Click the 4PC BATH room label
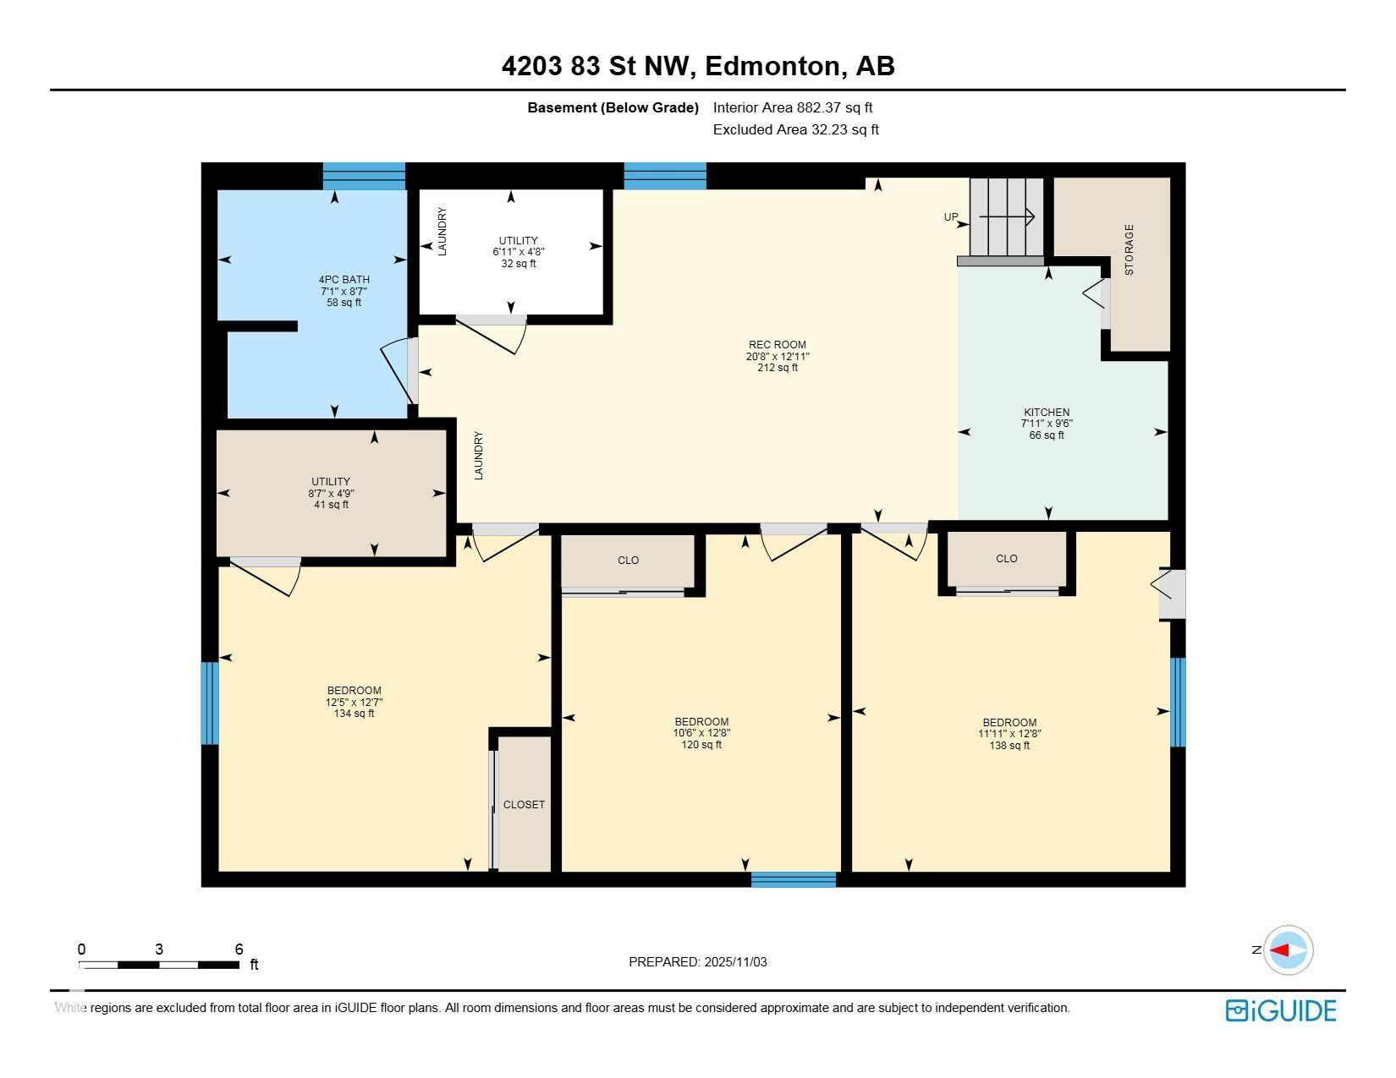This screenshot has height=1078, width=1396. point(344,280)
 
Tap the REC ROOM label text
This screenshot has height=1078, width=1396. point(777,345)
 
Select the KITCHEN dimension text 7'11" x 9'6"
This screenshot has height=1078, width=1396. point(1047,424)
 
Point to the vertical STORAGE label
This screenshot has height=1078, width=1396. point(1129,249)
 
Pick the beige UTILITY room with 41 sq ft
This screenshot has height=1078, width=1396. point(331,493)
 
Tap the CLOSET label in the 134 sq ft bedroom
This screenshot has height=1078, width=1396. point(524,804)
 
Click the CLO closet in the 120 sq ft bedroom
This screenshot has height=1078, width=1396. point(628,561)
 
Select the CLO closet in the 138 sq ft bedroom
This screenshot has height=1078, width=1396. point(1006,559)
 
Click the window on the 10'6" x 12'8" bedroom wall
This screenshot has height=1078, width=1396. point(793,879)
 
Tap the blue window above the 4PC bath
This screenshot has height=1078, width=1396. point(364,176)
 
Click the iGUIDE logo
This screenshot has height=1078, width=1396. point(1280,1010)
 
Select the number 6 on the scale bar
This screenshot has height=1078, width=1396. point(239,949)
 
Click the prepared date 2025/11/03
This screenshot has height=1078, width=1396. point(734,962)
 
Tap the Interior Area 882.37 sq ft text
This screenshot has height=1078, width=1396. point(792,107)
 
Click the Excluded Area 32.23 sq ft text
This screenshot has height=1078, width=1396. point(795,129)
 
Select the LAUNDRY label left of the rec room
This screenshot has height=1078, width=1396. point(478,456)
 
